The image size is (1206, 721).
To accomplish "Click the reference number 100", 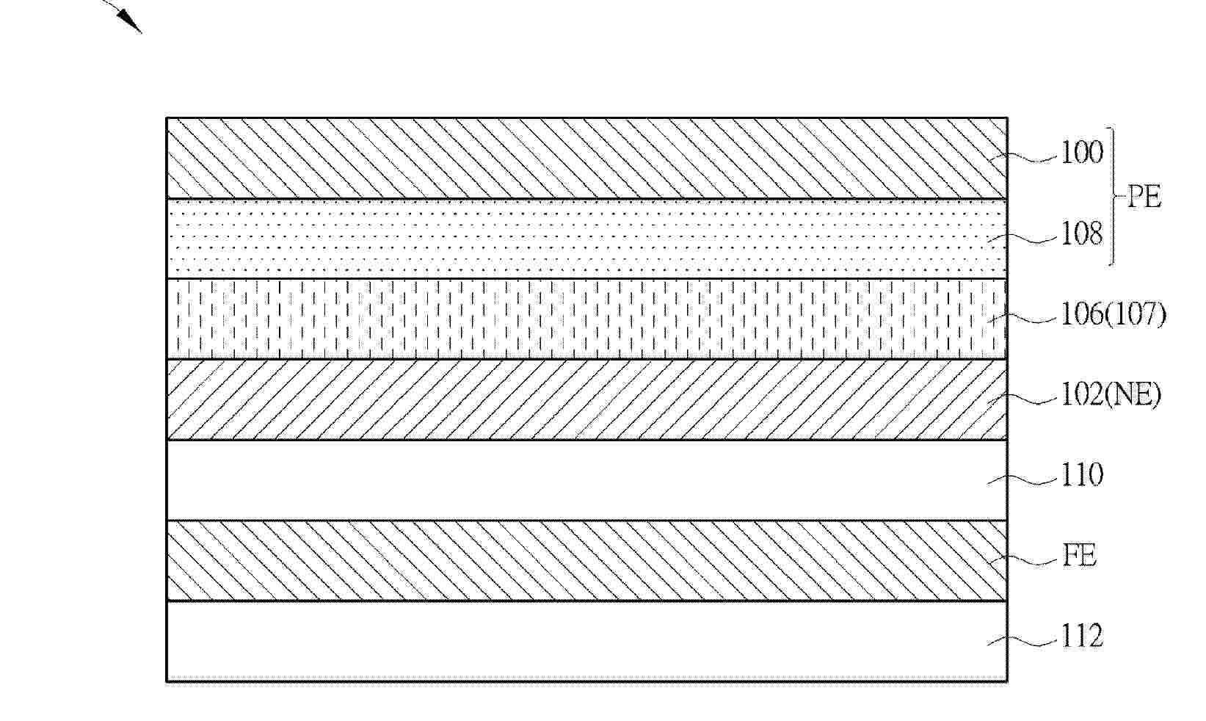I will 1082,153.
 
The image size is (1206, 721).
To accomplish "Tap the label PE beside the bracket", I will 1144,198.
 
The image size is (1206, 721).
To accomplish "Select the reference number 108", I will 1082,235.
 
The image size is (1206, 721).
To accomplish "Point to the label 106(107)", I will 1114,315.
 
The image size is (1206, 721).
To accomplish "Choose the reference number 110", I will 1082,476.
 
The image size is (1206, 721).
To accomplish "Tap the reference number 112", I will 1082,637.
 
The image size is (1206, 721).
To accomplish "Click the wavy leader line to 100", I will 1024,156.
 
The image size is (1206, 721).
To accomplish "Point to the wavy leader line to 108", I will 1024,236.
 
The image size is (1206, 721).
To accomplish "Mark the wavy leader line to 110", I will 1024,479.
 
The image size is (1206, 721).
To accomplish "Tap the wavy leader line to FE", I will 1024,559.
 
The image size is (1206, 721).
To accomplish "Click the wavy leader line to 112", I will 1024,640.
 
